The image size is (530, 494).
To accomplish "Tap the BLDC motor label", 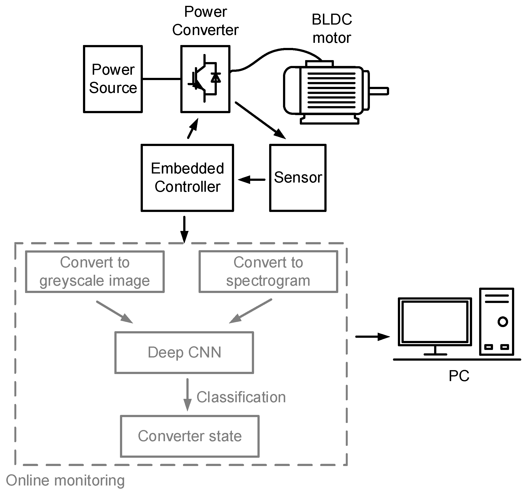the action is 332,28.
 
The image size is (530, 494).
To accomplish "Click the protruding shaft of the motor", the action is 379,91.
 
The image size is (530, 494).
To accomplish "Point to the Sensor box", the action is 298,178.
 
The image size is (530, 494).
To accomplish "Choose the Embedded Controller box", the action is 187,178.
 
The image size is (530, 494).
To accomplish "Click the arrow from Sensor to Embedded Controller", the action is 251,180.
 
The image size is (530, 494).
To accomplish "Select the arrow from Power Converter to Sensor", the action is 260,120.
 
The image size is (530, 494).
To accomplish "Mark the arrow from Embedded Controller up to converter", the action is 193,128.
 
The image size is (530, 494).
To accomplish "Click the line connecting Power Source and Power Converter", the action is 162,79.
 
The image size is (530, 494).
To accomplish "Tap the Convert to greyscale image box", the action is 95,272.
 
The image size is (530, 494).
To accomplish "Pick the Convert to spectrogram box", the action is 268,272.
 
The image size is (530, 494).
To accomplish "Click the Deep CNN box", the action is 184,352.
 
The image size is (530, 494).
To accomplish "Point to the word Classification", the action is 241,397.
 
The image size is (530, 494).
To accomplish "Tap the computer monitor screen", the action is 435,321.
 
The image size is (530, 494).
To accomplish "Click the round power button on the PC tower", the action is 503,322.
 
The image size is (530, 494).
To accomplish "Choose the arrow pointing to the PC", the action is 373,337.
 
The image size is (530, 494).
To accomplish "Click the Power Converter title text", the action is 205,21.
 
